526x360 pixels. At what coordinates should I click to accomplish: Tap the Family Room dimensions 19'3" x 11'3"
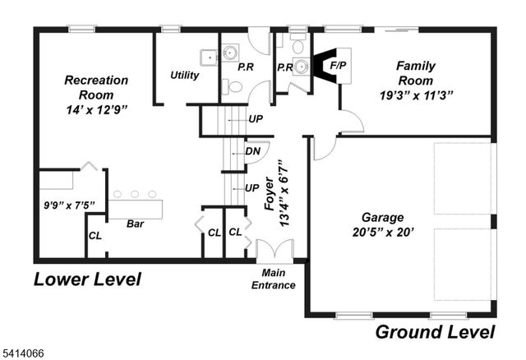coord(415,95)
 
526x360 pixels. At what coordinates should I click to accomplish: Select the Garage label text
coord(383,217)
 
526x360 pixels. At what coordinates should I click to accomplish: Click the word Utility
coord(185,75)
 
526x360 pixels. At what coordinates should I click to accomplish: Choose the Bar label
coord(135,223)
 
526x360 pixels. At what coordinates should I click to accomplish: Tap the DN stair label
coord(254,151)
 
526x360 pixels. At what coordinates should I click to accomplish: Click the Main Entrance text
coord(279,279)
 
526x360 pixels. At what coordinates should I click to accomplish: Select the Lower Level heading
coord(87,279)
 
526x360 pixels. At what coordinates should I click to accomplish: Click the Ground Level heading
coord(436,332)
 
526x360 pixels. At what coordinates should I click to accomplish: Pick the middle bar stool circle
coord(135,194)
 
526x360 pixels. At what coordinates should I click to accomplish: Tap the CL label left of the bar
coord(95,237)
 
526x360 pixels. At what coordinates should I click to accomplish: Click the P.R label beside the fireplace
coord(285,67)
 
